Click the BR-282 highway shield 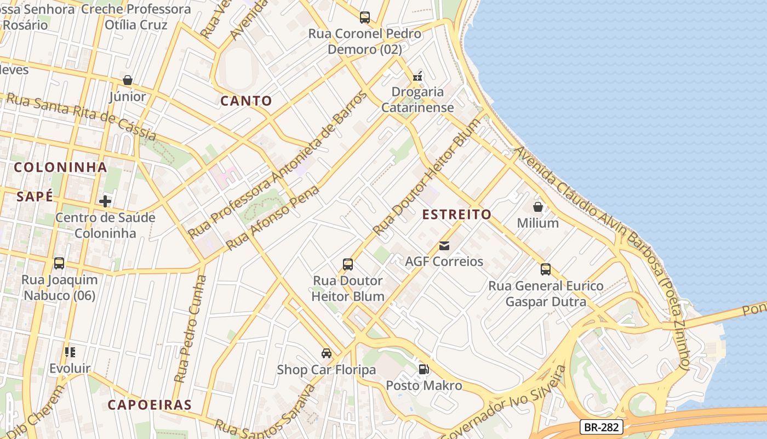(601, 427)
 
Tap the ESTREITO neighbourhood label (457, 215)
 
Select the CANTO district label (246, 101)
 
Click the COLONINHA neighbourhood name (60, 167)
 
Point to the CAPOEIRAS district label (150, 406)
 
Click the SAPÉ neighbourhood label (35, 196)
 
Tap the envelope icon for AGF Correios (444, 246)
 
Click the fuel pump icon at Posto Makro (423, 369)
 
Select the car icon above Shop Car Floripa (327, 353)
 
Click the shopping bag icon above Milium (538, 207)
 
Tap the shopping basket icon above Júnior (128, 80)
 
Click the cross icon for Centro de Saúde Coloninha (105, 201)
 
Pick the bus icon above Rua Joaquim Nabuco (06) (59, 263)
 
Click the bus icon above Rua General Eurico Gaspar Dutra (546, 269)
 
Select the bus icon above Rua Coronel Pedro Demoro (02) (365, 18)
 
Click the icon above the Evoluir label (70, 352)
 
